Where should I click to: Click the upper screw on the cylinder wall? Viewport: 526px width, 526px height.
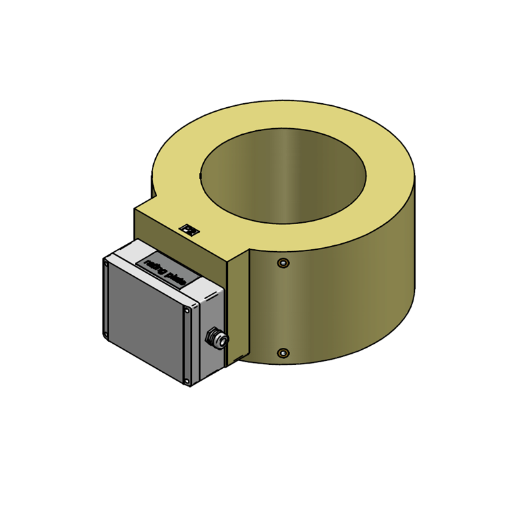tap(283, 263)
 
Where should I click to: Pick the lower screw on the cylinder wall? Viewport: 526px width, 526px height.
tap(283, 353)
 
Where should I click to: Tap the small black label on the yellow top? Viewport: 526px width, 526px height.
tap(190, 229)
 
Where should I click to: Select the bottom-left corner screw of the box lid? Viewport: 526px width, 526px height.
tap(107, 335)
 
